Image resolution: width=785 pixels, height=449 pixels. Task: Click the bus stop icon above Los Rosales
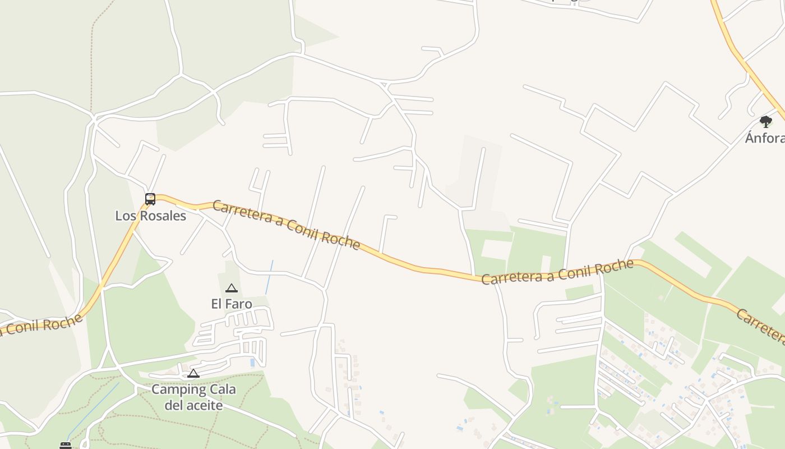click(150, 199)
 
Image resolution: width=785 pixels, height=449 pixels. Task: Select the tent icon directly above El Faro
click(231, 288)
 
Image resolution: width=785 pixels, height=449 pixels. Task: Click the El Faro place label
click(232, 304)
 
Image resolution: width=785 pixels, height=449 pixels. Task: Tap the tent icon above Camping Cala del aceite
click(193, 374)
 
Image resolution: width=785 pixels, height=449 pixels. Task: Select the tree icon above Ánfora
click(765, 121)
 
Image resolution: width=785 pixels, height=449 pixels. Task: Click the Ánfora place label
click(765, 138)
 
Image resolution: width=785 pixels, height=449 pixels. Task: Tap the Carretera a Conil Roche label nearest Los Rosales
click(286, 224)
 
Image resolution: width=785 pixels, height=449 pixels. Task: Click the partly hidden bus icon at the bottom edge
click(66, 446)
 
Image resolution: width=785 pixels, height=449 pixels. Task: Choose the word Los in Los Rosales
click(124, 216)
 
